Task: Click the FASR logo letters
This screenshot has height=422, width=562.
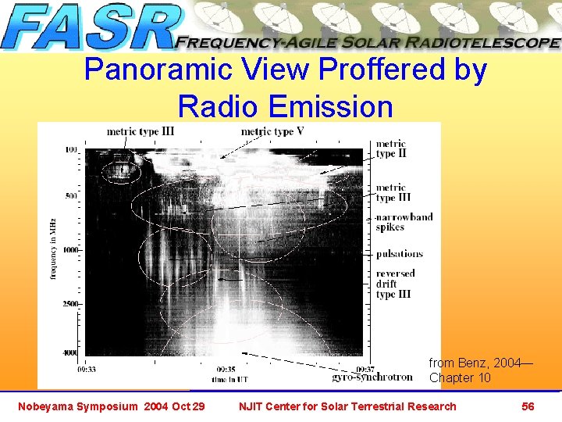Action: (x=92, y=27)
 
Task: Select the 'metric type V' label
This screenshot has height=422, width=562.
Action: (x=272, y=131)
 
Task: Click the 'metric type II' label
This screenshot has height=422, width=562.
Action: (x=390, y=148)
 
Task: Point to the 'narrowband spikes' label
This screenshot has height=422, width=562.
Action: (x=403, y=222)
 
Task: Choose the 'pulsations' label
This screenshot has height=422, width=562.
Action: (x=399, y=254)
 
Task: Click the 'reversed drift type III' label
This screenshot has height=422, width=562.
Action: (x=395, y=284)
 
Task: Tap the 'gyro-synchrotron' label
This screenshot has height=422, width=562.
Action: (x=372, y=377)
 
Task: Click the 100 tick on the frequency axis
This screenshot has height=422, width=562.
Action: (x=71, y=149)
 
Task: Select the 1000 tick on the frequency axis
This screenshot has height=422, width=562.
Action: (x=69, y=249)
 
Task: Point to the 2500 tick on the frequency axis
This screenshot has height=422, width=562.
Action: (x=69, y=303)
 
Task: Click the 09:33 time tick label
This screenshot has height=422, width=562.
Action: (x=87, y=368)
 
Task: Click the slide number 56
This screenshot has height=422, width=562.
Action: (x=528, y=406)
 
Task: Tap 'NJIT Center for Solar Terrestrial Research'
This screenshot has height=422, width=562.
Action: (x=347, y=406)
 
